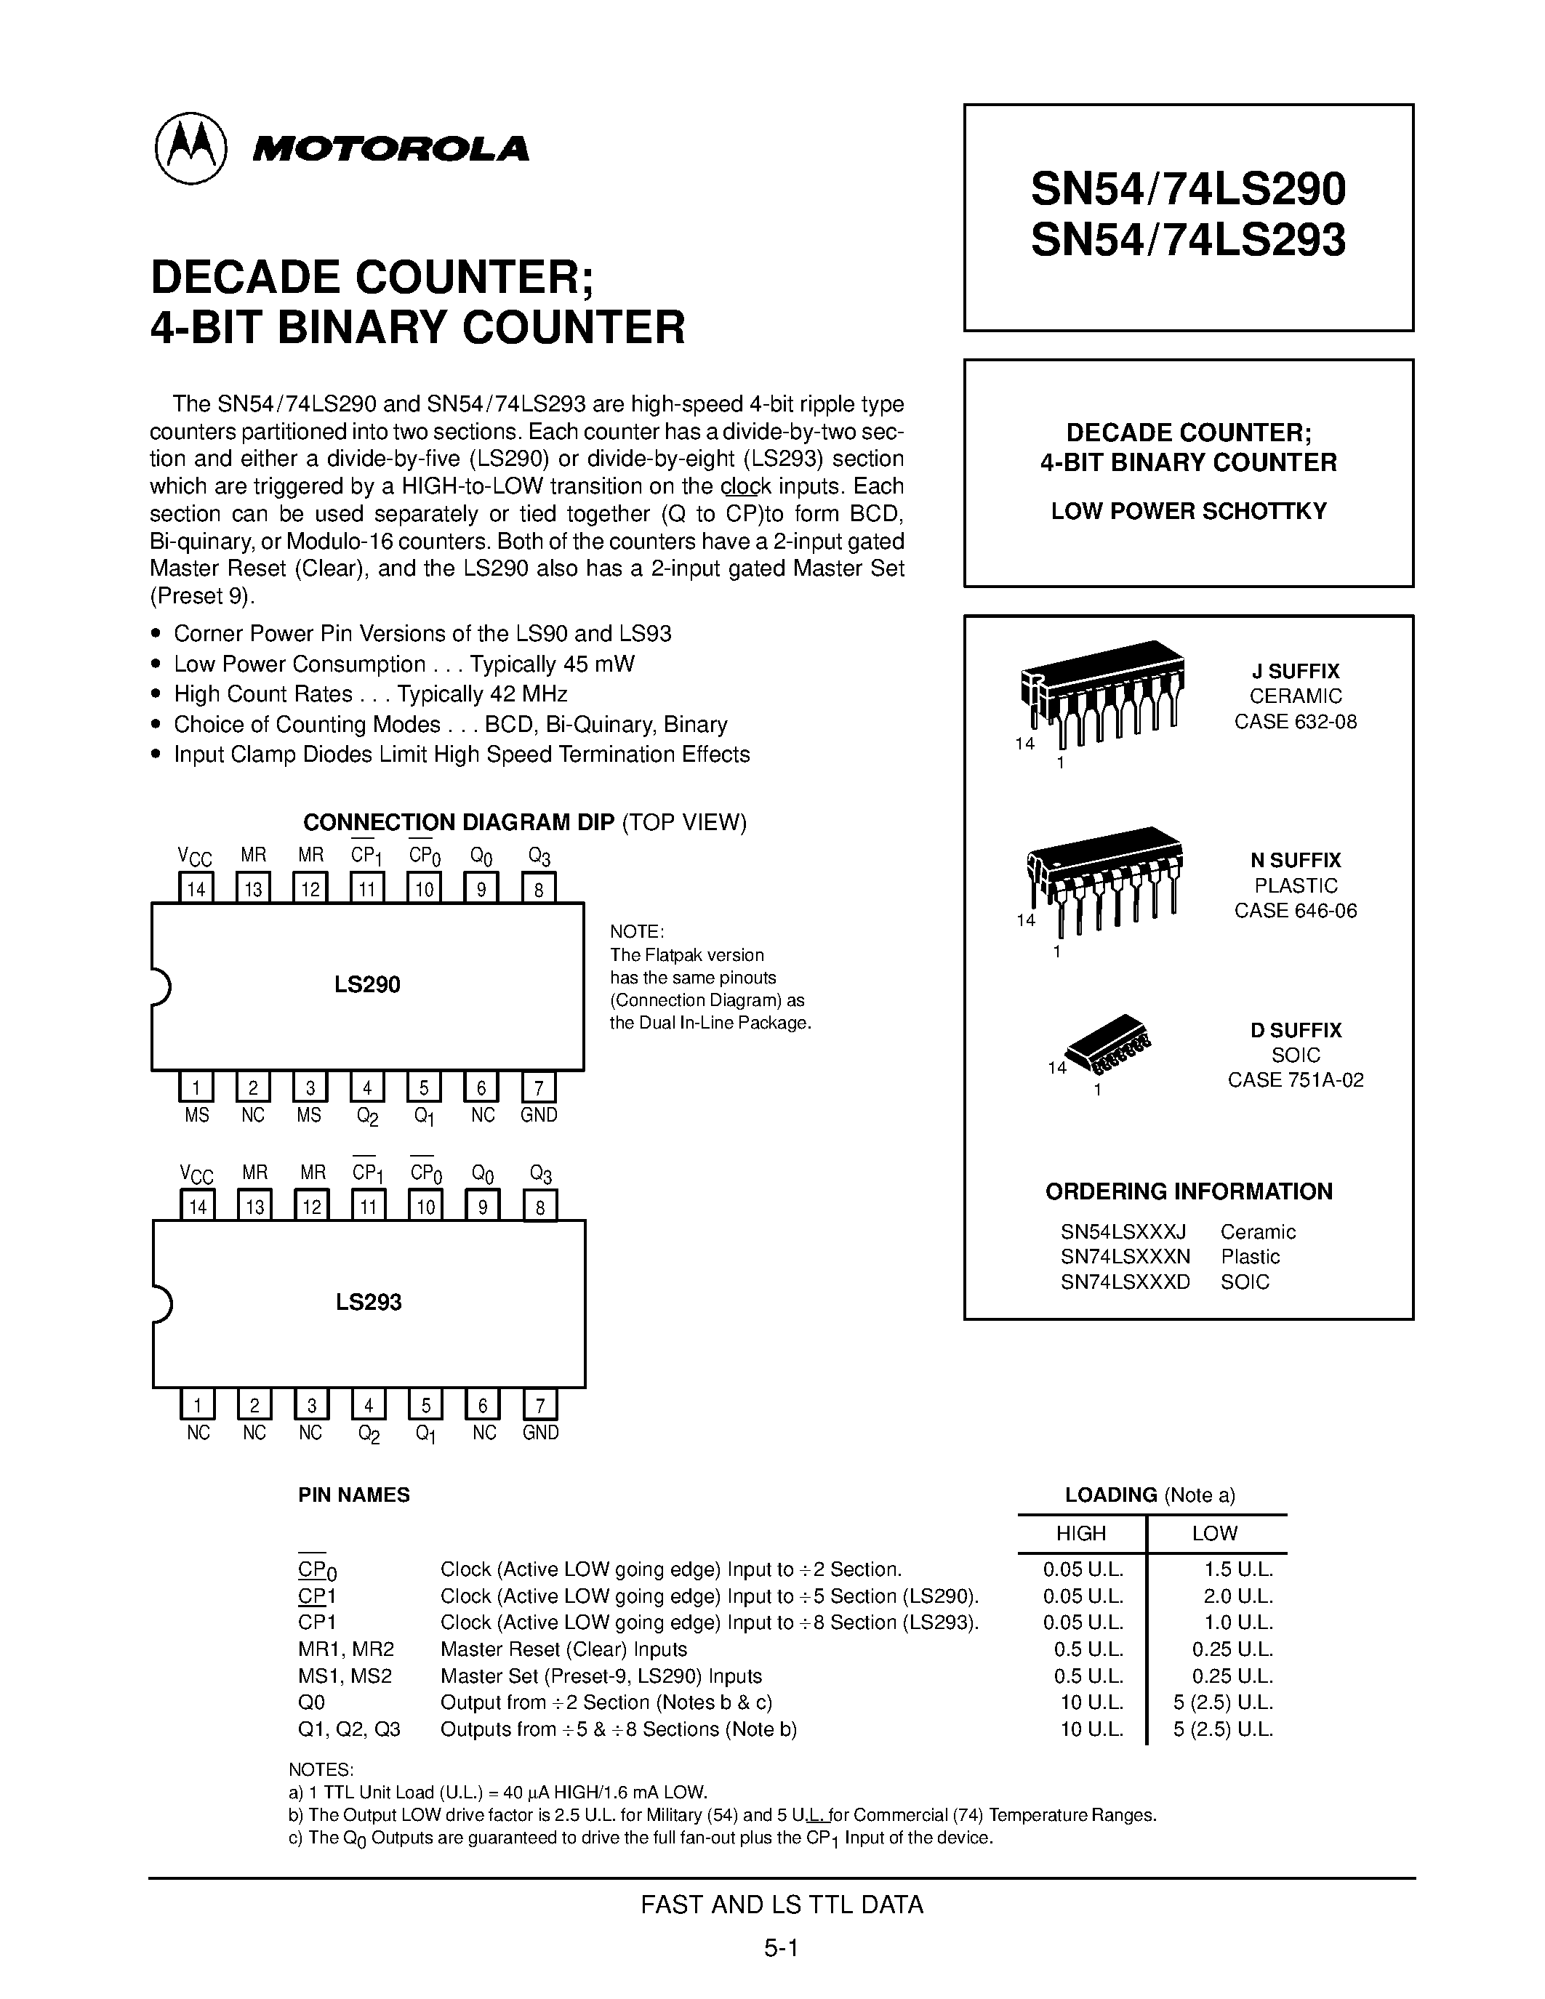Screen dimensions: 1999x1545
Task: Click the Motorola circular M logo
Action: (190, 148)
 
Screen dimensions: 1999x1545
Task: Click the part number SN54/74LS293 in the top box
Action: (1187, 241)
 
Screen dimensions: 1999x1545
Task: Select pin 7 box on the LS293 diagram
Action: (540, 1405)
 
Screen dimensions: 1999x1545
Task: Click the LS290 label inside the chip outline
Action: (367, 985)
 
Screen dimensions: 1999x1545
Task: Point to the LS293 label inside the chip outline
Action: (368, 1302)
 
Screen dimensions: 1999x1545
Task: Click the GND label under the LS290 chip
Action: (538, 1115)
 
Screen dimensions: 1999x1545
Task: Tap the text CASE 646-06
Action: (1295, 911)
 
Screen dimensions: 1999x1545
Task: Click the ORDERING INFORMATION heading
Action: (1188, 1191)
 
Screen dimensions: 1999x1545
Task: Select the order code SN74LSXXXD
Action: (1125, 1282)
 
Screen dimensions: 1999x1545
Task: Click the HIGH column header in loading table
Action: (1081, 1533)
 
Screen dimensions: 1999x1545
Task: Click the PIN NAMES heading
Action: (353, 1495)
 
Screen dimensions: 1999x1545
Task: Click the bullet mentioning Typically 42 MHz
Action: (370, 693)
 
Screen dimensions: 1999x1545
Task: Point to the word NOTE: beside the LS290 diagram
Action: (637, 932)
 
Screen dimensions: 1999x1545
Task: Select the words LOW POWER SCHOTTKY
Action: (1188, 512)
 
